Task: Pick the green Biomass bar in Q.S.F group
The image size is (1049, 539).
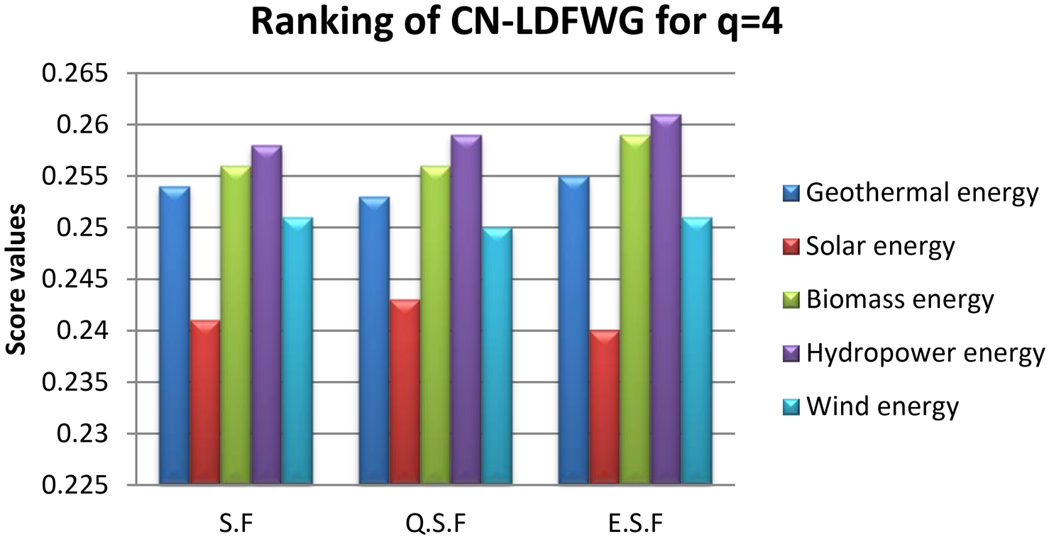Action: [x=435, y=326]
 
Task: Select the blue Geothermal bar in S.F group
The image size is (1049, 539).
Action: [x=174, y=336]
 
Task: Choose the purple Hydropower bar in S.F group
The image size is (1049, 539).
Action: [x=266, y=316]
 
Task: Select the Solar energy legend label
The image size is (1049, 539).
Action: [x=881, y=246]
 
